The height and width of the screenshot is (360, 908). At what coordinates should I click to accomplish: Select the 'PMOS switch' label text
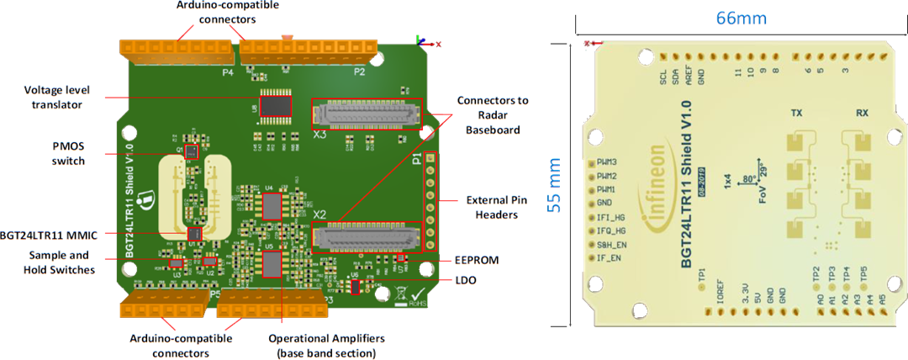tap(67, 153)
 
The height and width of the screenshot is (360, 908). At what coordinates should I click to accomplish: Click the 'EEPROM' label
tap(476, 261)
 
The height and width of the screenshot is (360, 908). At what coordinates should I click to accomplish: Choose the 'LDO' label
tap(464, 280)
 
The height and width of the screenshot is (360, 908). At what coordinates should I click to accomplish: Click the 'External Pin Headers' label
tap(497, 208)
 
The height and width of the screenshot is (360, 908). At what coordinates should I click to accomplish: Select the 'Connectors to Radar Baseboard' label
tap(493, 114)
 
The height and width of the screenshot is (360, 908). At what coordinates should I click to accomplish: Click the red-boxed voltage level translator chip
tap(275, 106)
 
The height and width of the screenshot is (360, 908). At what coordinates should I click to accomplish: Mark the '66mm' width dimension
tap(741, 17)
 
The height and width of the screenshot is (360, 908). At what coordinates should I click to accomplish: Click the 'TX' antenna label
tap(796, 113)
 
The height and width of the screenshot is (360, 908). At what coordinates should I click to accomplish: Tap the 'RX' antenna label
tap(862, 113)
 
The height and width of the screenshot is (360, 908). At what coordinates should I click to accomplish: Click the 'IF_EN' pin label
tap(608, 257)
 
